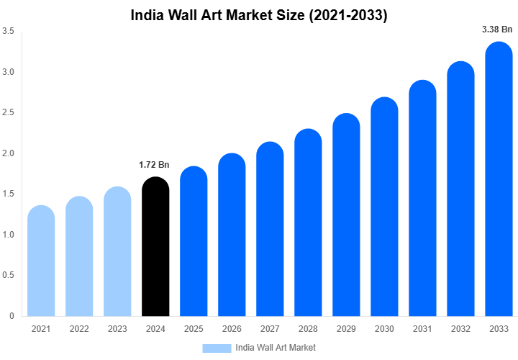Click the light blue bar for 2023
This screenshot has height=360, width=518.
click(117, 251)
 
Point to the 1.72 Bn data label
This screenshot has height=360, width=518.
click(154, 165)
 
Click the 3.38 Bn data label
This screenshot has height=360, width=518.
click(497, 30)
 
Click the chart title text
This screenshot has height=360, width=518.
click(259, 15)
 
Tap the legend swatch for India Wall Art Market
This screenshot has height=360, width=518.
click(217, 348)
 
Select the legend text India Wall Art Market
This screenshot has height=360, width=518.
click(276, 348)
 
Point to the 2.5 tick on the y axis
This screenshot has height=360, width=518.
click(9, 113)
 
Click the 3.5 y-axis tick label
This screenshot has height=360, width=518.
click(9, 32)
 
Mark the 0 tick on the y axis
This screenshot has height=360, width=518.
click(12, 316)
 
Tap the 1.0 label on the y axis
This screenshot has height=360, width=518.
click(9, 235)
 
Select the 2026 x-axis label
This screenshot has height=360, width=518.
click(232, 329)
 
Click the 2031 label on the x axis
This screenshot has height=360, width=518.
click(422, 329)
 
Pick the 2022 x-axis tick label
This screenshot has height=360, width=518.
click(79, 329)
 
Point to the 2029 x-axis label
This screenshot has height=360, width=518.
click(346, 329)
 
